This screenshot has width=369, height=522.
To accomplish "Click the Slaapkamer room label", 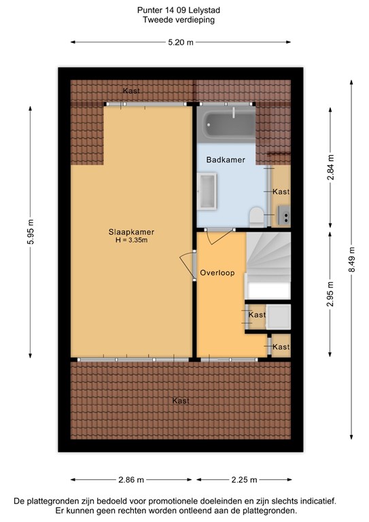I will (127, 231).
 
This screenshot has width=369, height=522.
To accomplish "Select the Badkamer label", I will (226, 159).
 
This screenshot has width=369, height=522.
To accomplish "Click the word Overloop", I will (217, 273).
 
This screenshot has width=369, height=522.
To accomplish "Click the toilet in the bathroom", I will (256, 217).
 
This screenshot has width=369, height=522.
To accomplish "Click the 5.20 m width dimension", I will (181, 42).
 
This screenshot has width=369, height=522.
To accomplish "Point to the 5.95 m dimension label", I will (31, 233).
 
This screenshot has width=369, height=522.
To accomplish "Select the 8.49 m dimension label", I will (351, 259).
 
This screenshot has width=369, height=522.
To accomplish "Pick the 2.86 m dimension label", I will (130, 480).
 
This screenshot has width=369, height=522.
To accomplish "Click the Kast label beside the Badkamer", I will (281, 192).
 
